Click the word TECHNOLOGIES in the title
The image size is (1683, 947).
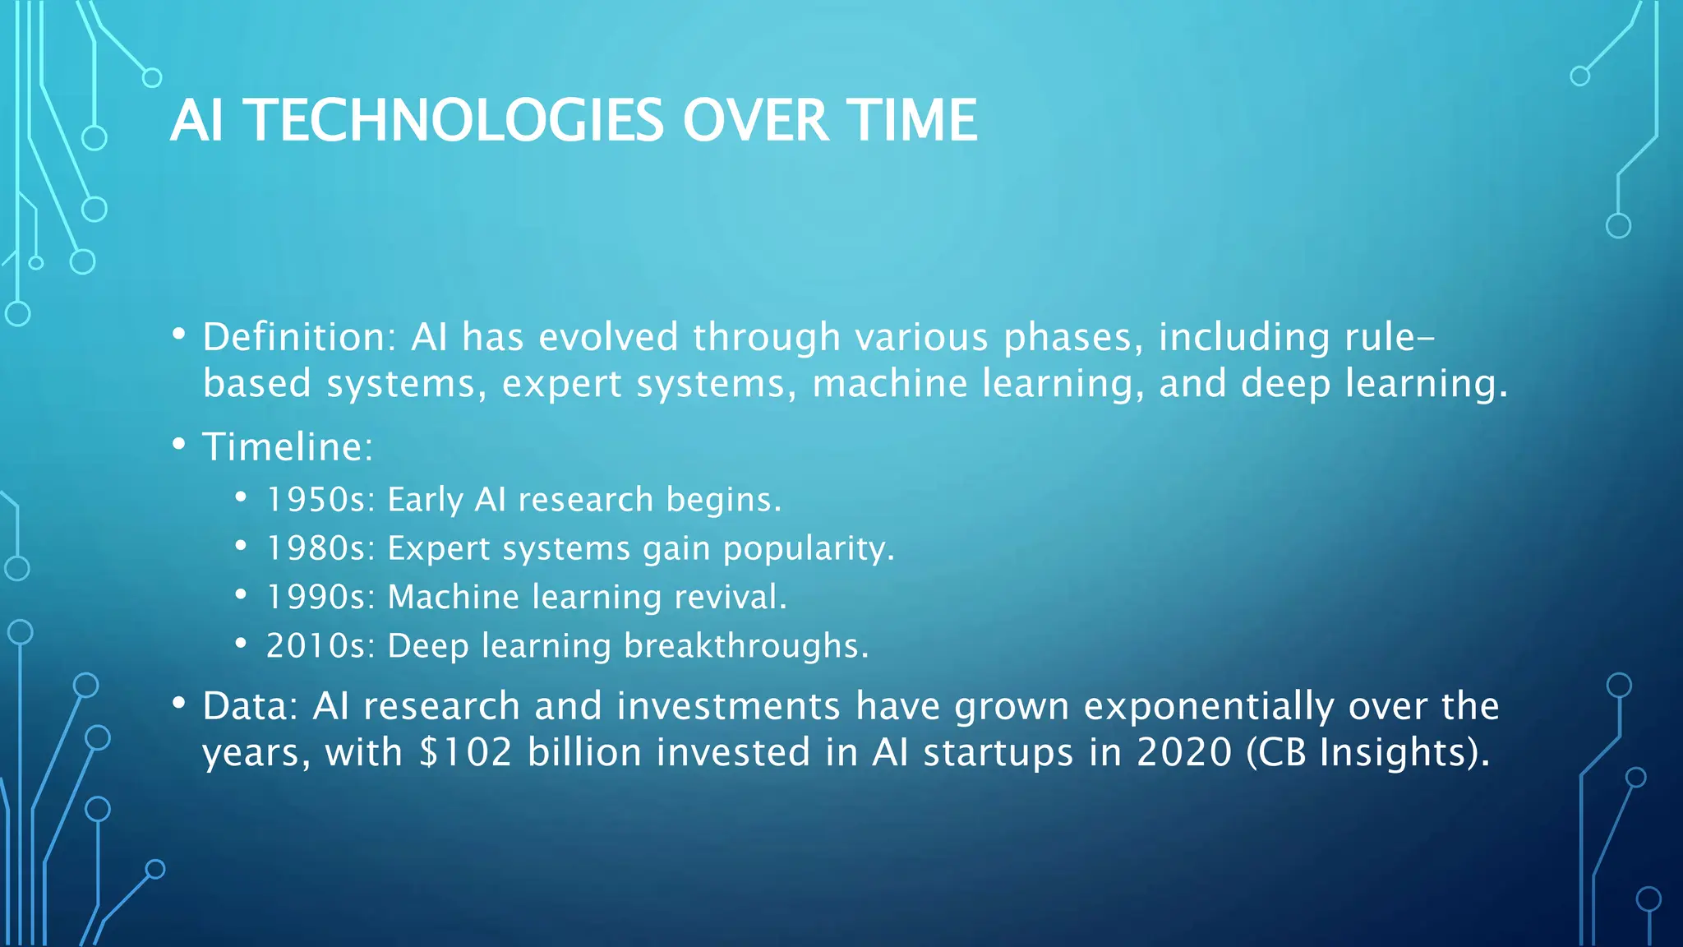pos(454,121)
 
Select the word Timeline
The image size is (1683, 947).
pos(288,447)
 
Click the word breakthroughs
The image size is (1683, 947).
pos(745,646)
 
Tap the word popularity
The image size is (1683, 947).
pos(808,549)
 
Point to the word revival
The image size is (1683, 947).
pos(730,597)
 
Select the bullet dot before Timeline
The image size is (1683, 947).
pos(178,445)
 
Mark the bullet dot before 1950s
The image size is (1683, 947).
pos(240,497)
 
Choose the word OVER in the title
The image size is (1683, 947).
pos(755,121)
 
